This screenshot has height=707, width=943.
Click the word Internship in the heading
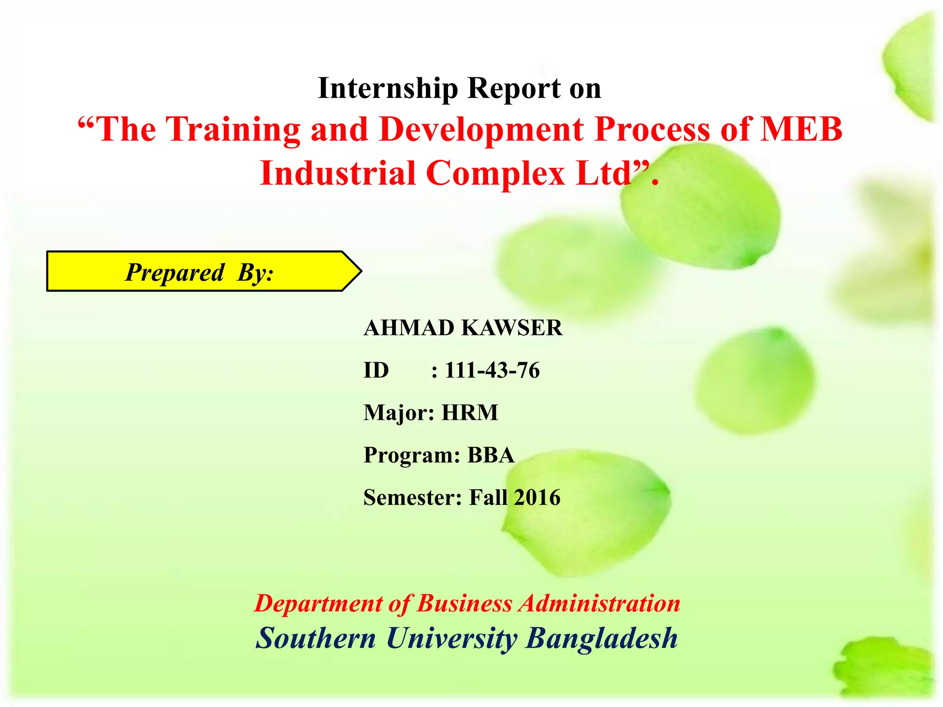[x=388, y=88]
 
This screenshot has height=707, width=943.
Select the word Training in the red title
[x=233, y=130]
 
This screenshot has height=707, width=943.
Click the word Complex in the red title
[x=495, y=174]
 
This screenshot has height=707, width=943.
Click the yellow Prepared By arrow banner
[x=203, y=272]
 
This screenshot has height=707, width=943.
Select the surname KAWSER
[x=512, y=328]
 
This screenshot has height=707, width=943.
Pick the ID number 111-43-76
[x=492, y=371]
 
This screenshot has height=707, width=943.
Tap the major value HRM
[x=470, y=413]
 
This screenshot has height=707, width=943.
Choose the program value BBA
[x=491, y=455]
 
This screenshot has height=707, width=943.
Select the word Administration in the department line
[x=600, y=603]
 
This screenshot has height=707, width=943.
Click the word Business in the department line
[x=464, y=603]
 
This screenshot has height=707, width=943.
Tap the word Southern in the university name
[x=316, y=638]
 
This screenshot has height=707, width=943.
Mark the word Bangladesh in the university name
[x=601, y=638]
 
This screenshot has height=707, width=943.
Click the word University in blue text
[x=451, y=638]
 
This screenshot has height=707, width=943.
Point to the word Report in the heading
[x=514, y=88]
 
